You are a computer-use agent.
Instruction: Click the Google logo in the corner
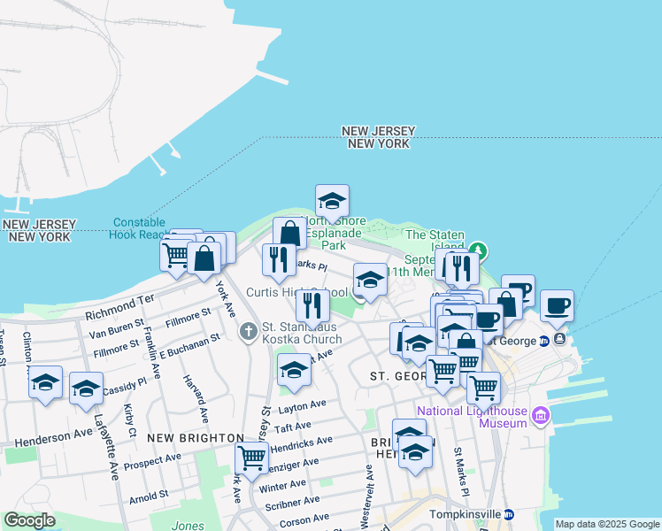(x=30, y=520)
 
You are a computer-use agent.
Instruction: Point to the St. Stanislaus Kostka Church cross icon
(x=249, y=331)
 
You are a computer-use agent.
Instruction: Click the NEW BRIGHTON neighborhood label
(x=196, y=438)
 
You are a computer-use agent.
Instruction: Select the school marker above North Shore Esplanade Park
(x=332, y=201)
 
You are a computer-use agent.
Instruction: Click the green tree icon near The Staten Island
(x=478, y=250)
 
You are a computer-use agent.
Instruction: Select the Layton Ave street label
(x=303, y=406)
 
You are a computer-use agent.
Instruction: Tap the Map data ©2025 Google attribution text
(x=607, y=524)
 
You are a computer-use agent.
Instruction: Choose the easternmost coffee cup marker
(x=557, y=306)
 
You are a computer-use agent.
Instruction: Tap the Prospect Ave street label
(x=153, y=461)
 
